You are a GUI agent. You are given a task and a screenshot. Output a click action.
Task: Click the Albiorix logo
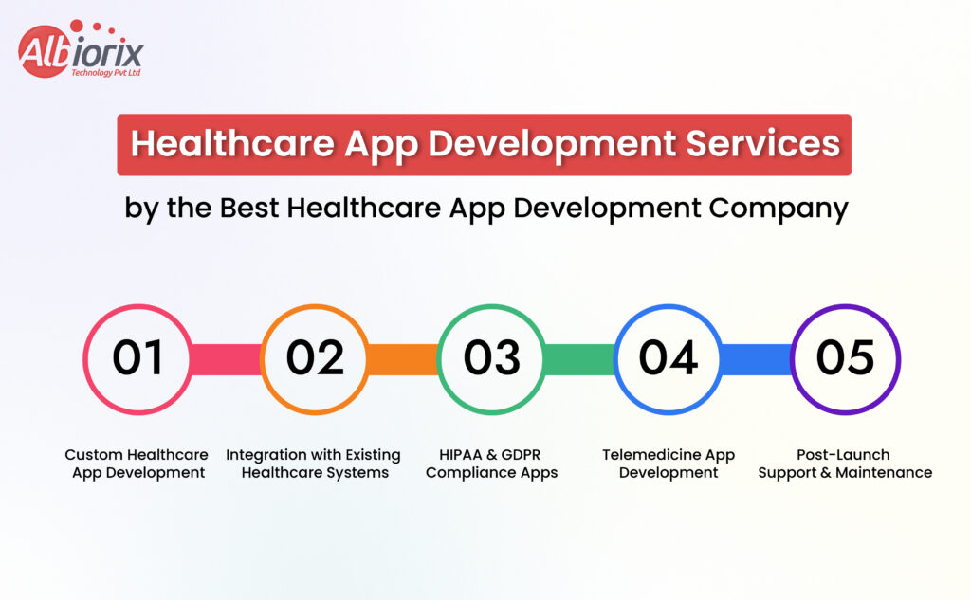pos(81,49)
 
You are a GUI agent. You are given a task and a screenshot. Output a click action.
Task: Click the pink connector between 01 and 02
pos(226,360)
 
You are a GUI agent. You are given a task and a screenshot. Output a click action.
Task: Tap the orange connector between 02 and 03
pos(403,360)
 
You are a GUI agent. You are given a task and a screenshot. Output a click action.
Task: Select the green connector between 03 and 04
pos(579,360)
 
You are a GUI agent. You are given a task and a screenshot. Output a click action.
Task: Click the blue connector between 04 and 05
pos(757,360)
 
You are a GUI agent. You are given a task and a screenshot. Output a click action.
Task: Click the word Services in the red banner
pos(763,144)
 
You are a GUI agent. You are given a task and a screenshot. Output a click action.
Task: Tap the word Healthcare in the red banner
pos(233,145)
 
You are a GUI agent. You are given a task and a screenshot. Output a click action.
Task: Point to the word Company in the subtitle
pos(779,209)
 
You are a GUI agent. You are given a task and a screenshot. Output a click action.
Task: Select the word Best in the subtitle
pos(249,208)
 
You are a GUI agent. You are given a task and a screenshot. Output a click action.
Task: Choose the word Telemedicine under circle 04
pos(650,454)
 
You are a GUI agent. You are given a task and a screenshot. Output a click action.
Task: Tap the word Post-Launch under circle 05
pos(843,454)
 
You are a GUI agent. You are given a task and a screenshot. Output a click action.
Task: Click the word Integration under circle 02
pos(266,456)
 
